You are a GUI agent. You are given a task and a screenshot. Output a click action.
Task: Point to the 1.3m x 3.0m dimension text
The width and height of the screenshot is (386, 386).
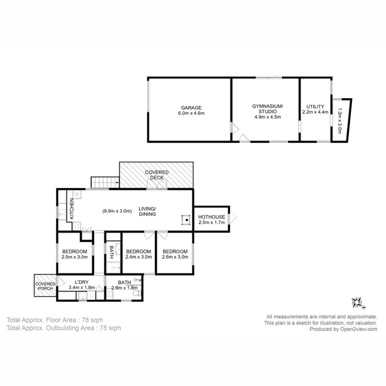click(x=340, y=121)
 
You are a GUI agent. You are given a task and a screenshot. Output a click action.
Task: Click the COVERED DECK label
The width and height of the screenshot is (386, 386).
click(x=157, y=175)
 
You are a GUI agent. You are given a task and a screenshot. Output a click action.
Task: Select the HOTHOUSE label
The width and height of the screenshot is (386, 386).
click(x=212, y=217)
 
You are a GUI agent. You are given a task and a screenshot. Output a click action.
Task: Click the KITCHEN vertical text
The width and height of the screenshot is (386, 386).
click(x=71, y=209)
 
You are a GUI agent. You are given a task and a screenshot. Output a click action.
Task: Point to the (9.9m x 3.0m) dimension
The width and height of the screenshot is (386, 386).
click(x=117, y=211)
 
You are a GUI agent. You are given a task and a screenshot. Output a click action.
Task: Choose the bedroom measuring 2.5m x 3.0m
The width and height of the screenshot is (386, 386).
click(x=74, y=254)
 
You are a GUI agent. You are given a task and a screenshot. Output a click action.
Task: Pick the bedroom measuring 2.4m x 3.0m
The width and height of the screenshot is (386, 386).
click(x=139, y=254)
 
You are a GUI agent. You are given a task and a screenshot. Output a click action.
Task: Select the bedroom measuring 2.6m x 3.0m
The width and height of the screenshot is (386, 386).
click(x=175, y=254)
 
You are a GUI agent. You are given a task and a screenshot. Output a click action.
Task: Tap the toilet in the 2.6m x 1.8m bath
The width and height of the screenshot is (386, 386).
click(x=136, y=293)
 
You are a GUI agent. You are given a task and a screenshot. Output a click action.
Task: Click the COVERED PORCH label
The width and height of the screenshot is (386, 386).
click(x=45, y=286)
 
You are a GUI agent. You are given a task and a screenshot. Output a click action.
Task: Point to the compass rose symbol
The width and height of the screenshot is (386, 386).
click(x=357, y=303)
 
